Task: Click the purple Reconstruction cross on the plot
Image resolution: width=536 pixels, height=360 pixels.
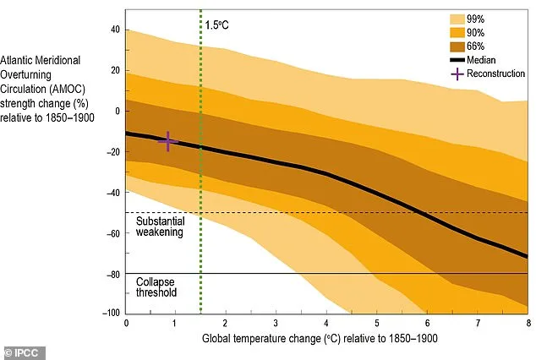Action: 167,141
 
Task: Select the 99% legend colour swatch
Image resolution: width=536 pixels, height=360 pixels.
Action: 459,18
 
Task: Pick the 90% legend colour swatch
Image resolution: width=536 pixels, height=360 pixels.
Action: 459,32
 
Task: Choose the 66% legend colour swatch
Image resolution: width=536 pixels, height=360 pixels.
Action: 459,46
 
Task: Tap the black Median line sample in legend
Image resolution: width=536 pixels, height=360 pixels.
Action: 459,60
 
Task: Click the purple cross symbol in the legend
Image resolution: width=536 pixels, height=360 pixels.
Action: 459,74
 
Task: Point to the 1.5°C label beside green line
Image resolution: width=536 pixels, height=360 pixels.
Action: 217,25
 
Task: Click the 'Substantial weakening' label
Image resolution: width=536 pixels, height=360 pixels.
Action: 160,226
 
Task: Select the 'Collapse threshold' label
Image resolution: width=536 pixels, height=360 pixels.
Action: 156,287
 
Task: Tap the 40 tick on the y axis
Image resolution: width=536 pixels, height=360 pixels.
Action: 115,30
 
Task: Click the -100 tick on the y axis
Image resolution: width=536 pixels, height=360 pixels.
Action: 111,314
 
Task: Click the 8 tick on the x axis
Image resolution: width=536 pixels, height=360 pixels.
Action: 528,324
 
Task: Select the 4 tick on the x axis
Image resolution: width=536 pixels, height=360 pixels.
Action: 326,324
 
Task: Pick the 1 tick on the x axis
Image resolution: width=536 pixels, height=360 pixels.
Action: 176,324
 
